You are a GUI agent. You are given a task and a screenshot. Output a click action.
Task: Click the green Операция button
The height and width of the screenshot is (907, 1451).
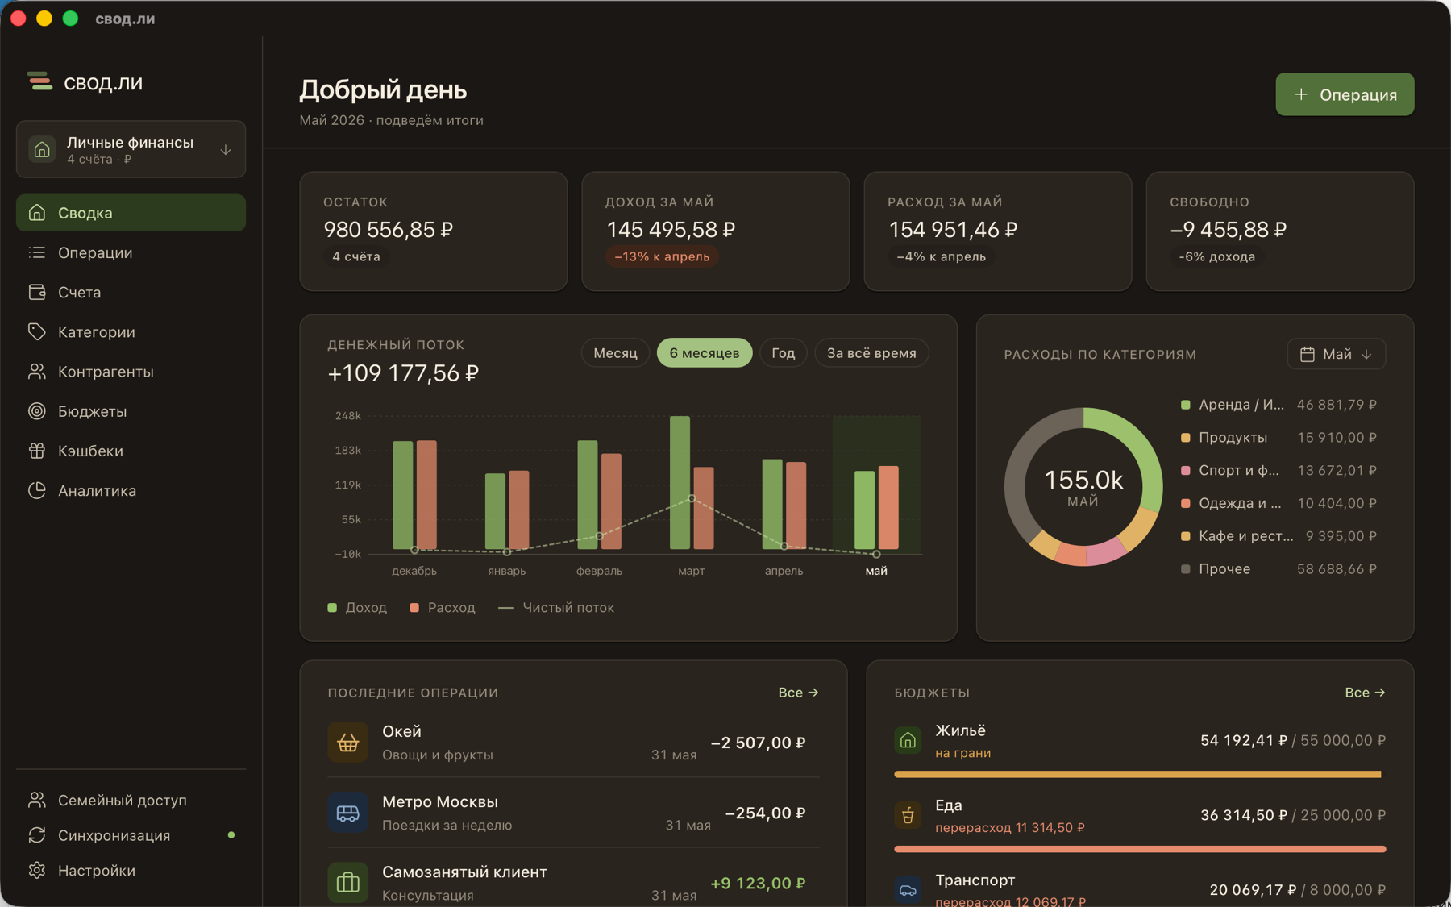click(x=1345, y=94)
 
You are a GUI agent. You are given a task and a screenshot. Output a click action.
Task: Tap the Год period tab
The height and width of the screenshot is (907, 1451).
click(x=784, y=353)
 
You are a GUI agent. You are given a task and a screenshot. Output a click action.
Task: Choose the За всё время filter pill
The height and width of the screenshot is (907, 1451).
click(x=871, y=353)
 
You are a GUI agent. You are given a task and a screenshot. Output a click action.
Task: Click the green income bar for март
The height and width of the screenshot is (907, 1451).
click(x=680, y=482)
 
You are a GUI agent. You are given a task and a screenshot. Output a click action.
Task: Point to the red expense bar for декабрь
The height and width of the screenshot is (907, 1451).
click(x=426, y=494)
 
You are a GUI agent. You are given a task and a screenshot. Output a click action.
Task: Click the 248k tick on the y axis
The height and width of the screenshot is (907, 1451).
click(x=348, y=416)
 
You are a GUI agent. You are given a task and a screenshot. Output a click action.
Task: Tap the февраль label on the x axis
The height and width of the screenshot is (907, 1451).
click(x=599, y=571)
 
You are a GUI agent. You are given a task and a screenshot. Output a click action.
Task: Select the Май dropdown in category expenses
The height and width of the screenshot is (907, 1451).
click(x=1337, y=354)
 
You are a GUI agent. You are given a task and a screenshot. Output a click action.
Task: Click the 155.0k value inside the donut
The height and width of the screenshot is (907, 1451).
click(x=1083, y=481)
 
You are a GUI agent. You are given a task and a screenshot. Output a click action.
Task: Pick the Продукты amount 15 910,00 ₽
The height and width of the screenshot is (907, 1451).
click(x=1337, y=438)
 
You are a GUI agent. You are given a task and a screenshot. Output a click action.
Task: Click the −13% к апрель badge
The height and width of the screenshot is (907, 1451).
click(x=662, y=256)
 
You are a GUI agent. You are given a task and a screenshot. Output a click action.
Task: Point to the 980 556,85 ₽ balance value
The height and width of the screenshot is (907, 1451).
click(x=389, y=230)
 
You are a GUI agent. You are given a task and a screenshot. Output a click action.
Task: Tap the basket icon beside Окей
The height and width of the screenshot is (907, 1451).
click(x=347, y=743)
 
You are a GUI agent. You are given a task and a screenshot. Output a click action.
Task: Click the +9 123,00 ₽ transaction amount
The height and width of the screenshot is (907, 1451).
click(x=758, y=884)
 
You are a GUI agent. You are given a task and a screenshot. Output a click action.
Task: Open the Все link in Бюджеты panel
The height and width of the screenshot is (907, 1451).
click(x=1365, y=693)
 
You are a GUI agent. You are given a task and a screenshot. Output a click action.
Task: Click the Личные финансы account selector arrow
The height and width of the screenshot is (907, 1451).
click(x=226, y=150)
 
